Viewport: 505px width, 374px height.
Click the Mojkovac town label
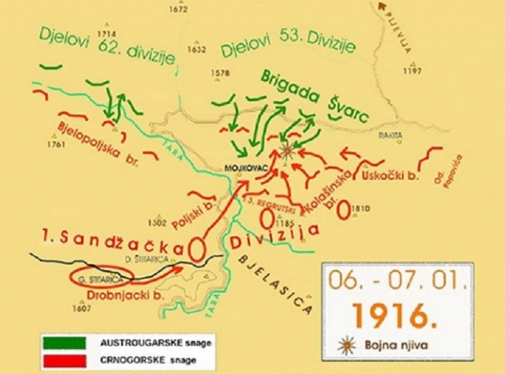pos(239,168)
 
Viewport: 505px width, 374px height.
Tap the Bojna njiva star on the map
pos(287,150)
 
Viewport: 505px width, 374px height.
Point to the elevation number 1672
pos(178,9)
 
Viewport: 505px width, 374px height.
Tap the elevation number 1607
pos(82,308)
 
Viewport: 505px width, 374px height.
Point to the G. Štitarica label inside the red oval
pos(94,279)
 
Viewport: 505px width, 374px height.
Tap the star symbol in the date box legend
pos(346,345)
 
